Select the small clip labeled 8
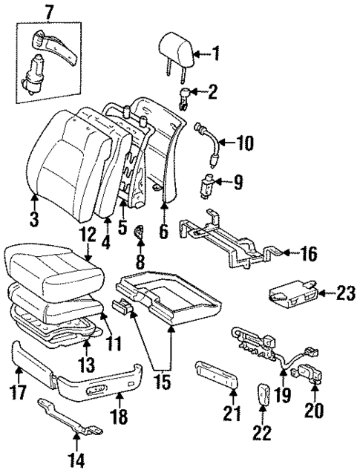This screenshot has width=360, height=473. [138, 236]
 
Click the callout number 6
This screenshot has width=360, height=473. [163, 232]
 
